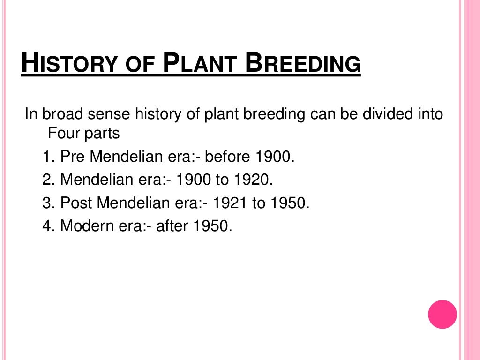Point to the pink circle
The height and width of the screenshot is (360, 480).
point(442,314)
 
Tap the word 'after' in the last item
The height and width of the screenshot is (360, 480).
point(173,226)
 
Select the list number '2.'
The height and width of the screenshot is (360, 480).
point(49,180)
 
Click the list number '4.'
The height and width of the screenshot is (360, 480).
point(49,226)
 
